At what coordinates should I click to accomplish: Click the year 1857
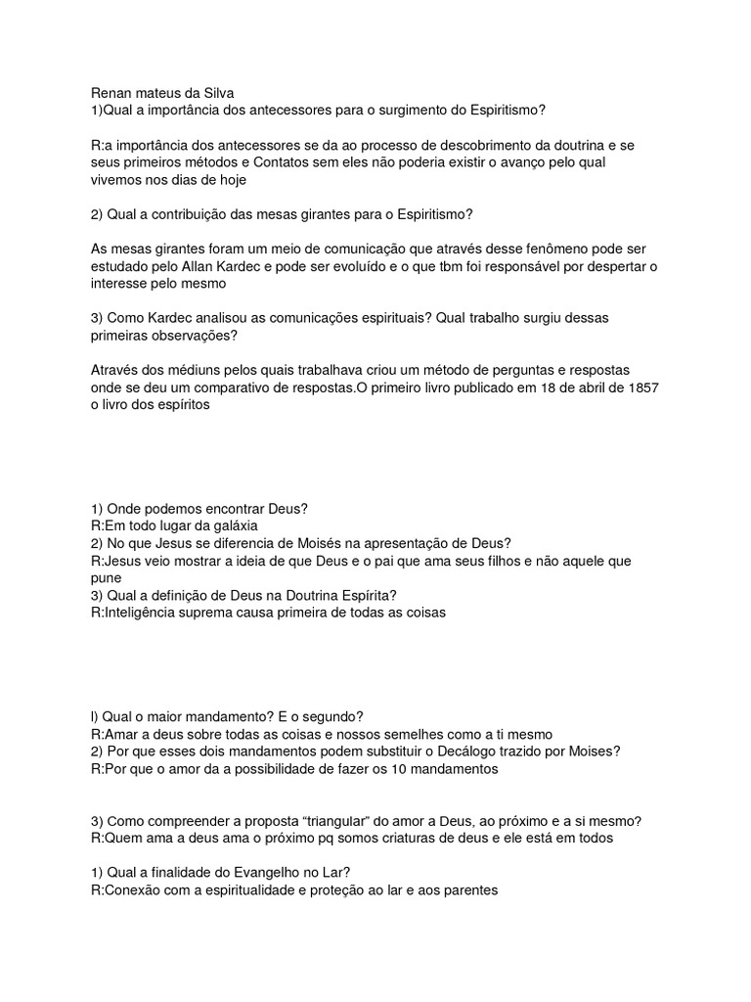click(x=641, y=387)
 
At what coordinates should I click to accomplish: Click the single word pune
click(x=106, y=578)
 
